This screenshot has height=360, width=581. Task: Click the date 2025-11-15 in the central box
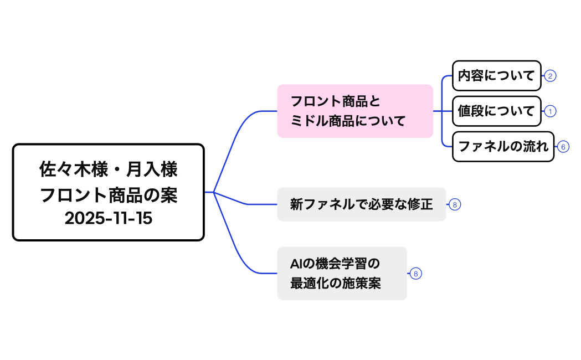(x=109, y=218)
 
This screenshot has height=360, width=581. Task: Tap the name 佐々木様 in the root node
(x=70, y=169)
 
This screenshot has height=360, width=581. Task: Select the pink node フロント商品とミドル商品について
(x=354, y=111)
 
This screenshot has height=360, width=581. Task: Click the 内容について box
(x=496, y=76)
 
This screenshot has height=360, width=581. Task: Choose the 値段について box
(x=496, y=111)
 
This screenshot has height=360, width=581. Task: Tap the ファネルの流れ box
(x=503, y=147)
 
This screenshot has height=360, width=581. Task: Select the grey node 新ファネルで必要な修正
(x=361, y=204)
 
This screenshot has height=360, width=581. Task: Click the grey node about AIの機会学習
(x=342, y=274)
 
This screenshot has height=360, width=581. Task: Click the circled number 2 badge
(x=549, y=76)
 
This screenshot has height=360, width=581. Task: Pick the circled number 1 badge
(x=549, y=111)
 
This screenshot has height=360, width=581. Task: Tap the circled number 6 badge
(x=563, y=147)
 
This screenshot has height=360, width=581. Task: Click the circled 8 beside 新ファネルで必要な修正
(x=454, y=204)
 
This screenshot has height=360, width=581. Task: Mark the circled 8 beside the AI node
(x=416, y=274)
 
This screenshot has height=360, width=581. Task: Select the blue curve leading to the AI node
(x=235, y=249)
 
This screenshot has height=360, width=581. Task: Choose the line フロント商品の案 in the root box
(x=109, y=194)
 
